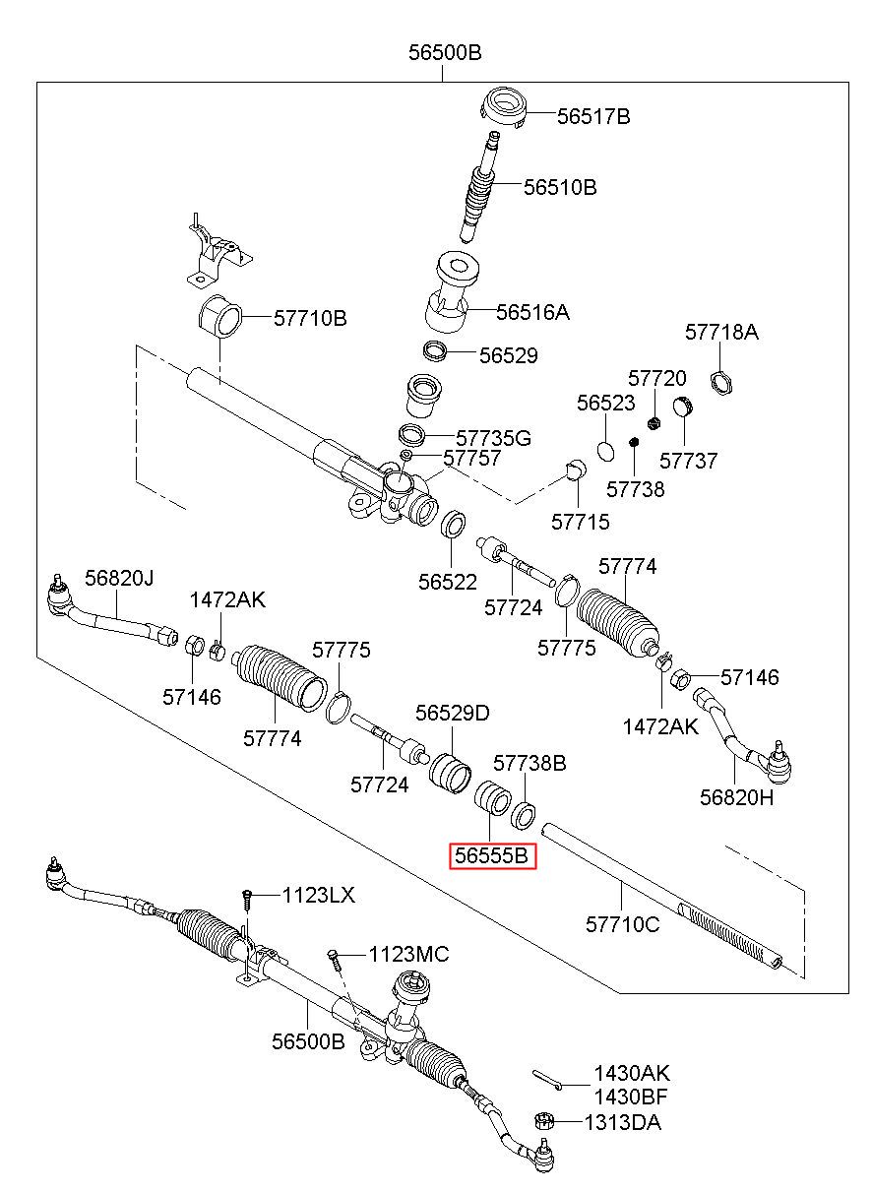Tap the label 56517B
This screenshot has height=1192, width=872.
[593, 116]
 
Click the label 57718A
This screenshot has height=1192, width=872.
[720, 332]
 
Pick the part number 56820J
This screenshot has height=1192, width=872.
[119, 578]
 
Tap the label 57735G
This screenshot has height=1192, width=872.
[493, 438]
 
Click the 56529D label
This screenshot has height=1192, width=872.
[452, 713]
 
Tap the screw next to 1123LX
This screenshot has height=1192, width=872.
[247, 900]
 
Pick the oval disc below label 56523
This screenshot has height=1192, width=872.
[605, 451]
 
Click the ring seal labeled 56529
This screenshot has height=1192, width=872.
[434, 352]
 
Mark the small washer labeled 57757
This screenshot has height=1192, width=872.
[405, 455]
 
